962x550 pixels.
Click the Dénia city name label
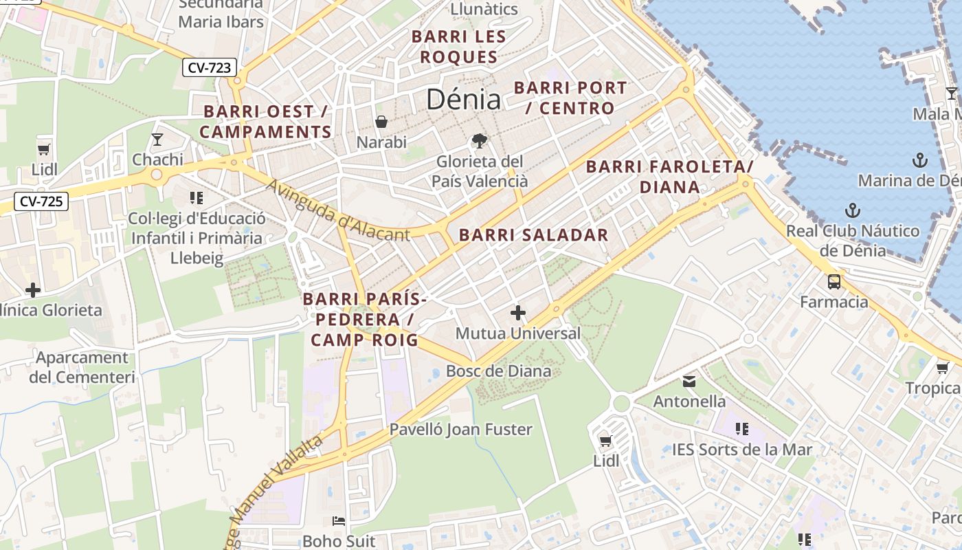click(463, 100)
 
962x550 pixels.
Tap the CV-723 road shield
click(210, 67)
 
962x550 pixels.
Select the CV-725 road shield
click(41, 201)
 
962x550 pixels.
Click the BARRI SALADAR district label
click(533, 235)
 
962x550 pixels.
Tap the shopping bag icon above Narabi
click(381, 122)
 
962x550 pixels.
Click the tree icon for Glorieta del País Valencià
click(480, 141)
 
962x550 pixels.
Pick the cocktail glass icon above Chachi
click(157, 140)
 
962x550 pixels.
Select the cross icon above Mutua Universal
click(518, 313)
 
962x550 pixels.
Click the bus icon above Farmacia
click(834, 281)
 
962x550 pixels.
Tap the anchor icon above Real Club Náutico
click(853, 210)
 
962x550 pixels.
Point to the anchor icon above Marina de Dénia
click(919, 161)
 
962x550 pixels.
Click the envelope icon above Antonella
click(689, 382)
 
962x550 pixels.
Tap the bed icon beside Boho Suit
click(339, 521)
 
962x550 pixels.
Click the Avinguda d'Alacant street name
click(337, 211)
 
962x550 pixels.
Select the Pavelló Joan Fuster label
click(460, 430)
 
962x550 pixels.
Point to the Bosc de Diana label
click(498, 371)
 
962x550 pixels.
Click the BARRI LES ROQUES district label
click(458, 47)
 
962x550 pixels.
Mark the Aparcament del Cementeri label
click(82, 367)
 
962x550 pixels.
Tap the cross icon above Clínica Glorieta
click(32, 289)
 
